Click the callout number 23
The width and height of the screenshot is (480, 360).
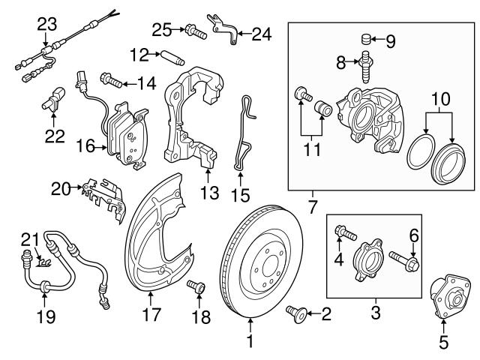click(46, 23)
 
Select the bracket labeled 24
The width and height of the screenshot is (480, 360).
click(223, 26)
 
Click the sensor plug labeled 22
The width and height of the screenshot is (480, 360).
click(53, 102)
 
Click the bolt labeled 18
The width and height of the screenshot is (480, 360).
click(197, 287)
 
